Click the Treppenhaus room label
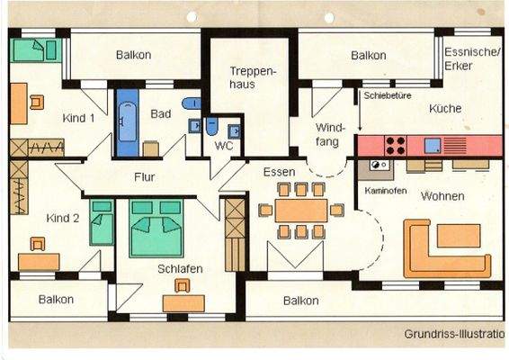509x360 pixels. pos(251,76)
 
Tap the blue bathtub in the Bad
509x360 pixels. pos(128,121)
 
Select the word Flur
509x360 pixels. pos(146,177)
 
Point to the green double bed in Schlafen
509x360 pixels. pos(156,229)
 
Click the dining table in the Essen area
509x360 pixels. pos(301,211)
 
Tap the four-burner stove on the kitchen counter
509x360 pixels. pos(396,145)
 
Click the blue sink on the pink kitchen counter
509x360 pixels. pos(433,145)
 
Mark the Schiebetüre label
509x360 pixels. pos(387,94)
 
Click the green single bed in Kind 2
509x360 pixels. pos(102,224)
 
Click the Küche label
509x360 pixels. pos(445,109)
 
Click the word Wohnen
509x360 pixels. pos(442,196)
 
